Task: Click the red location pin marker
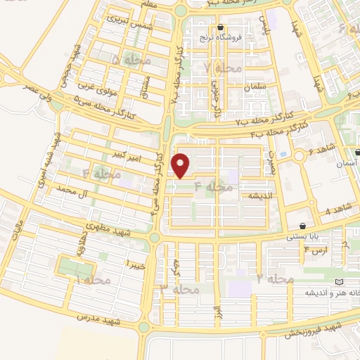(181, 165)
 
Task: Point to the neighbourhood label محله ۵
(124, 62)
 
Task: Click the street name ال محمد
(75, 189)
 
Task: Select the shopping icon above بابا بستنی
(302, 226)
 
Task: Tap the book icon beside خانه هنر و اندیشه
(341, 281)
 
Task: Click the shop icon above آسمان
(358, 152)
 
